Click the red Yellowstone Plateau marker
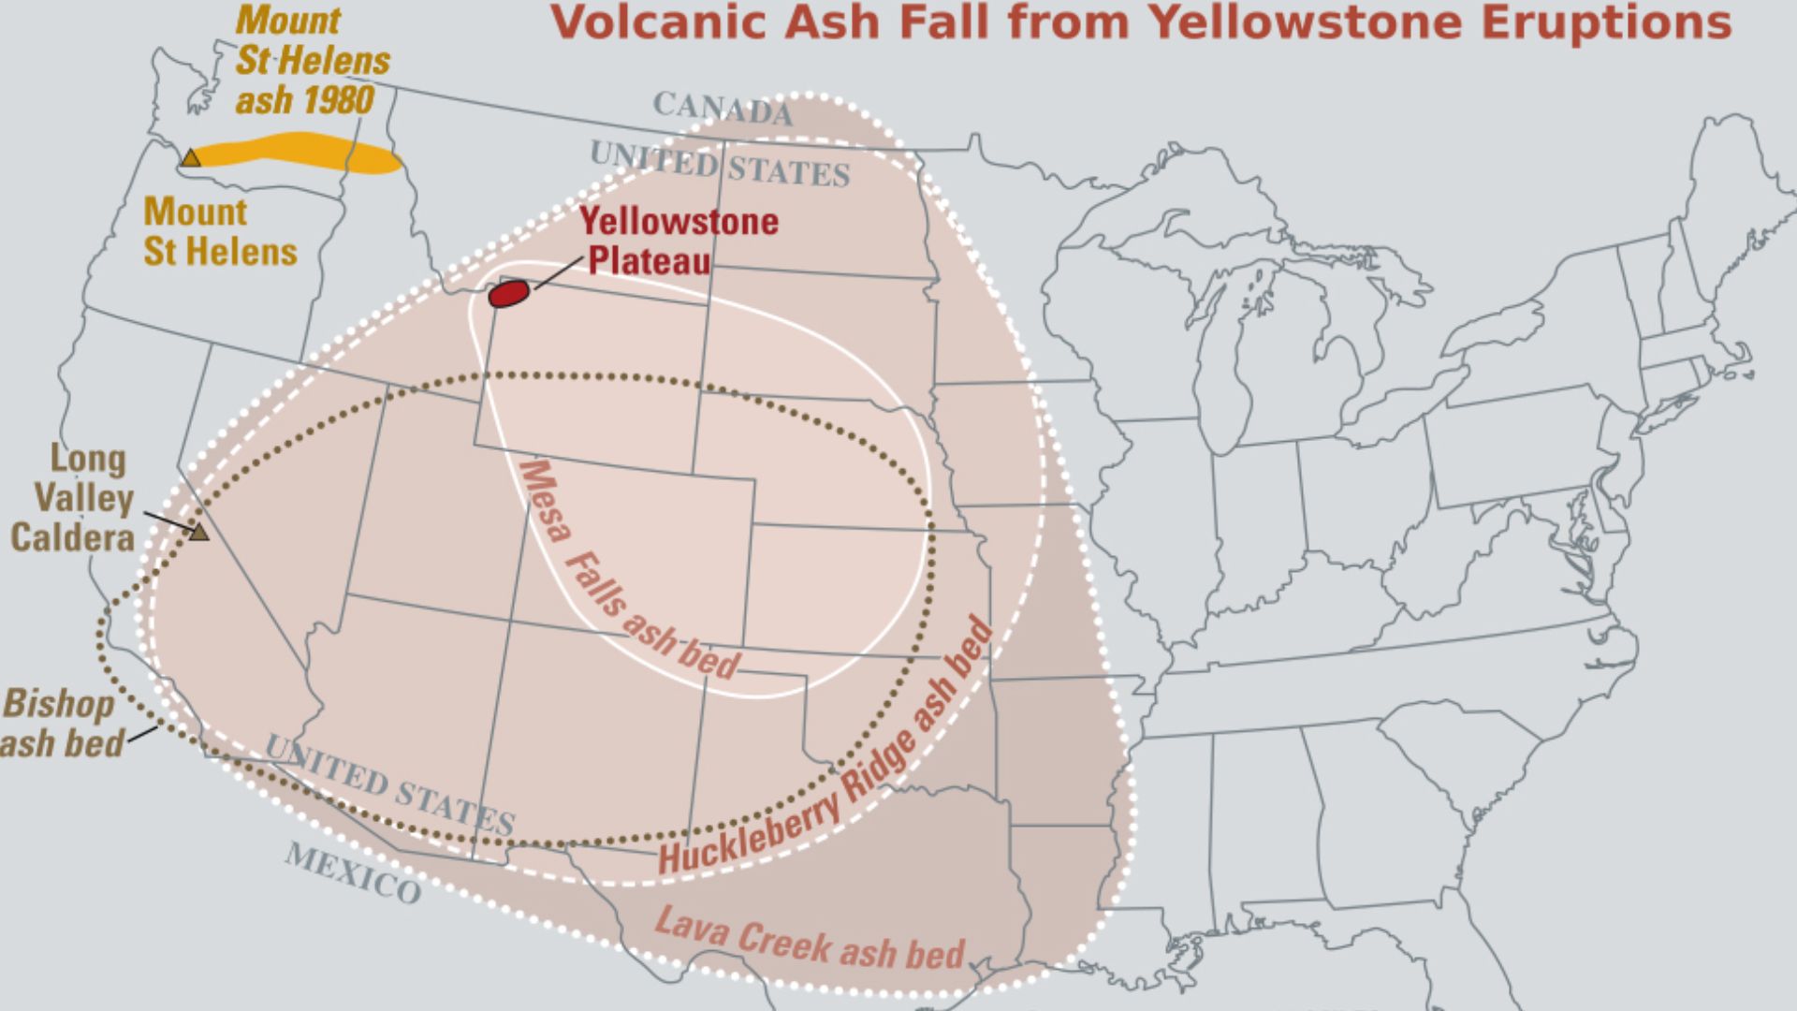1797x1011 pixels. coord(509,293)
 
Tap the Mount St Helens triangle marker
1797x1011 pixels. coord(191,158)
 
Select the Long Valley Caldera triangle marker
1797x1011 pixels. coord(198,533)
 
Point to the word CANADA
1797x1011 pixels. coord(722,109)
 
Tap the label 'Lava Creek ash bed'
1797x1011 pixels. coord(809,939)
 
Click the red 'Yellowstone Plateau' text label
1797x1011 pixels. coord(678,241)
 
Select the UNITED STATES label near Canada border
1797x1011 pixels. coord(719,164)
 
